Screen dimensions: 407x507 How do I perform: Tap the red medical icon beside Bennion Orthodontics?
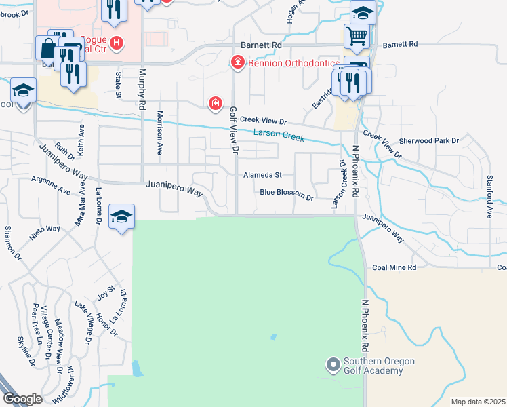coord(237,63)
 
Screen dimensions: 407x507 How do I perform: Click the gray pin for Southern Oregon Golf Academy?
coord(333,366)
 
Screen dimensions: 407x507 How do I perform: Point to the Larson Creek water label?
coord(279,135)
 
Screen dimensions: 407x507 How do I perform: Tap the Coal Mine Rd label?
coord(394,267)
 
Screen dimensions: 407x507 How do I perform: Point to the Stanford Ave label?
coord(489,196)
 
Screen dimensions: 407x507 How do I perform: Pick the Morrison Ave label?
coord(160,133)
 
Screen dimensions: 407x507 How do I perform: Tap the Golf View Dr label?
coord(235,129)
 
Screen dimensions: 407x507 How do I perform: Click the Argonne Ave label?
coord(51,185)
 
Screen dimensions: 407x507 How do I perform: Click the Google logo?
coord(23,398)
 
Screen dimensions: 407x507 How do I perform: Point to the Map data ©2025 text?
coord(478,402)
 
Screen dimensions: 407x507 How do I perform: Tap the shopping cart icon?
coord(357,35)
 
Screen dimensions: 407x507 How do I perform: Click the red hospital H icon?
coord(117,43)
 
